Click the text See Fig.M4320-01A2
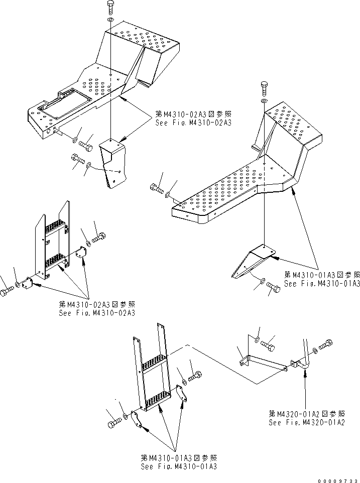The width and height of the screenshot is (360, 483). [306, 423]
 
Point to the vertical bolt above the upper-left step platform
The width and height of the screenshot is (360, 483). [110, 7]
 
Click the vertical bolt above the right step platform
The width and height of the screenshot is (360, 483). [265, 89]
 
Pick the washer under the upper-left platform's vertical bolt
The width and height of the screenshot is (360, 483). [110, 20]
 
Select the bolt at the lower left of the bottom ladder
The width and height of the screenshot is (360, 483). [112, 424]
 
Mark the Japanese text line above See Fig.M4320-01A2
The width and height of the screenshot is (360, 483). [306, 414]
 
